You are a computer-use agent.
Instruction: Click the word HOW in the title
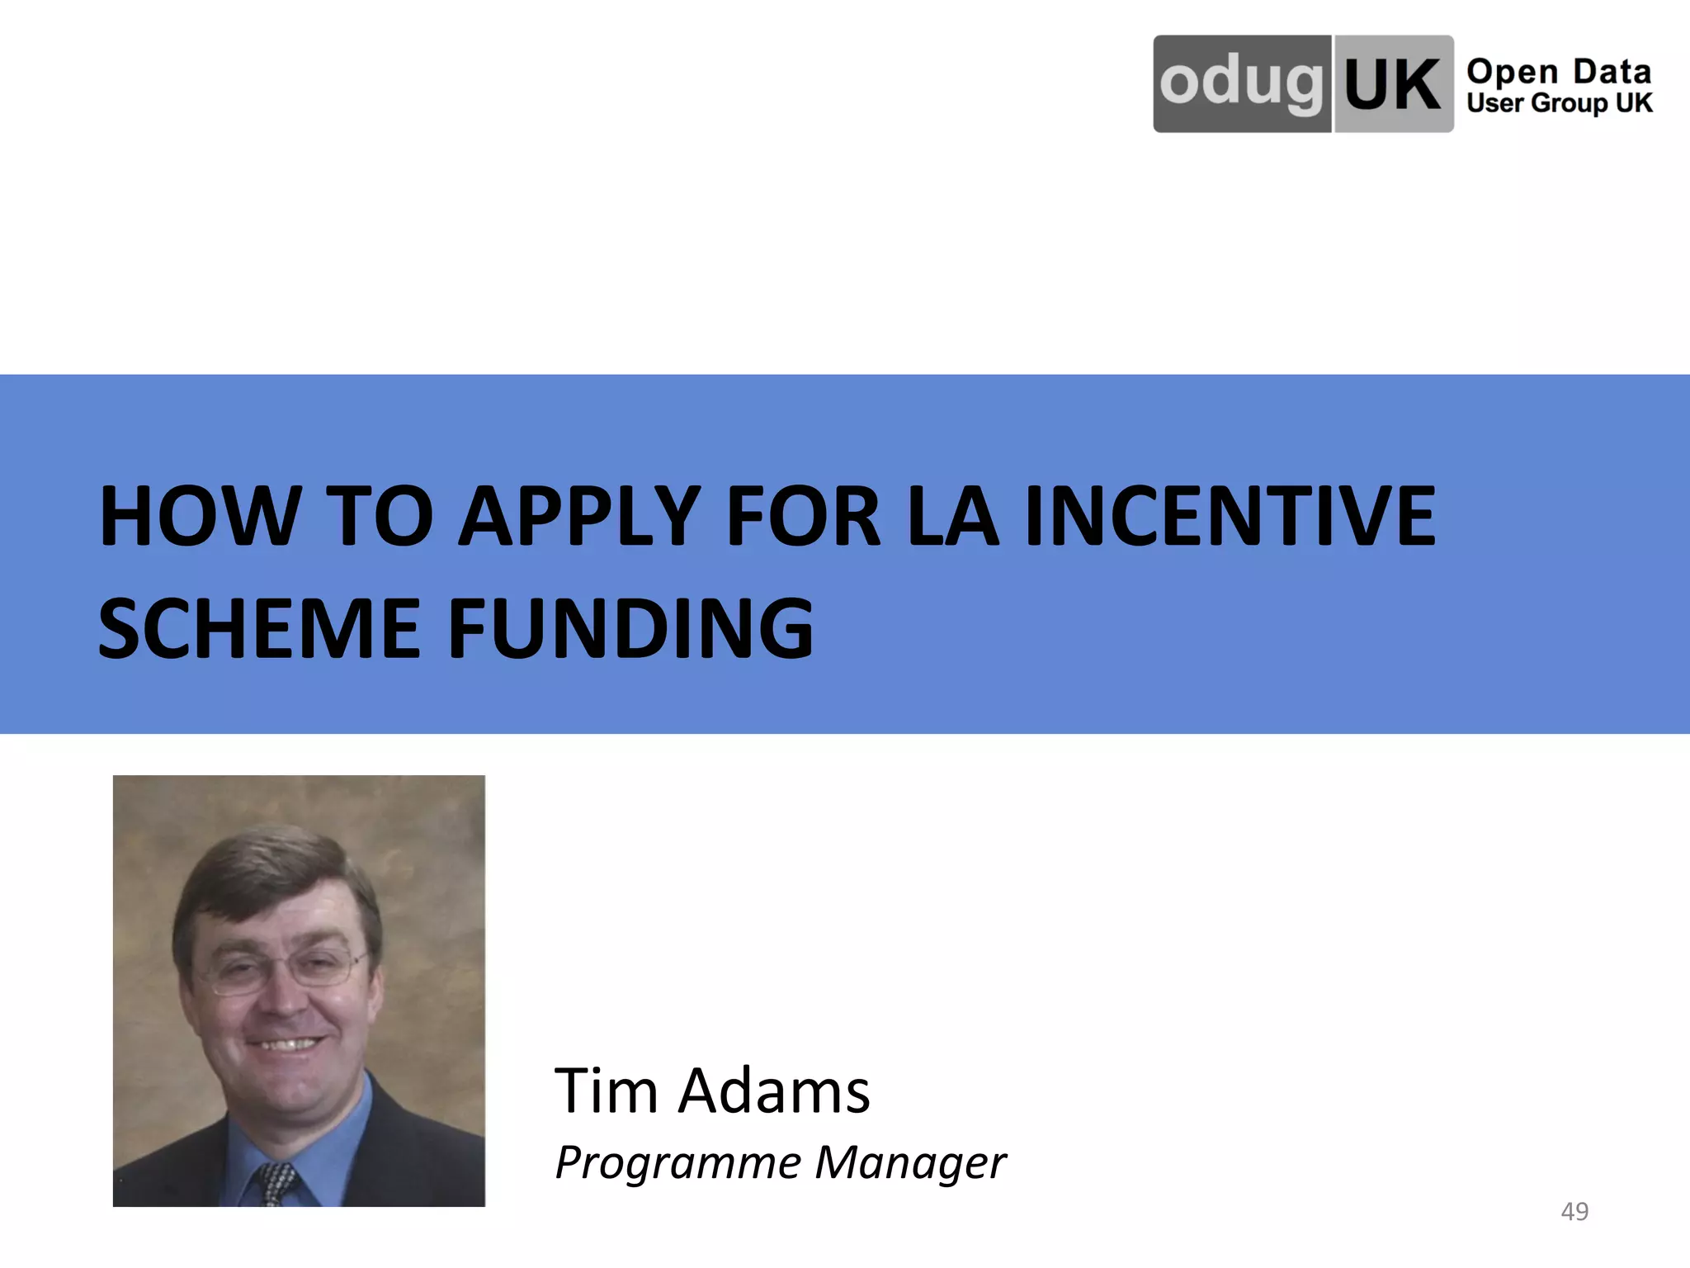(x=198, y=517)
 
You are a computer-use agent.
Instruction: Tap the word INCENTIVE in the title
(x=1230, y=517)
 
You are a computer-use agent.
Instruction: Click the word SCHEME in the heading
(x=260, y=629)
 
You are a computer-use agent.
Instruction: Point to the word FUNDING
(x=630, y=629)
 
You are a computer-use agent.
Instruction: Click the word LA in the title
(x=952, y=517)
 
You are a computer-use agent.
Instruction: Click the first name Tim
(x=607, y=1091)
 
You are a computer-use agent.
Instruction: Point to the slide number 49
(x=1574, y=1211)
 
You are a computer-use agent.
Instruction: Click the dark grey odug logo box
(x=1241, y=83)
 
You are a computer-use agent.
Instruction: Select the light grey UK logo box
(x=1393, y=83)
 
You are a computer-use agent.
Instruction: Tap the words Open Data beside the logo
(x=1559, y=72)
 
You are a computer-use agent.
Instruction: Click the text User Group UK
(x=1559, y=103)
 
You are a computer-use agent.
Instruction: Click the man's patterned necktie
(x=276, y=1185)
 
